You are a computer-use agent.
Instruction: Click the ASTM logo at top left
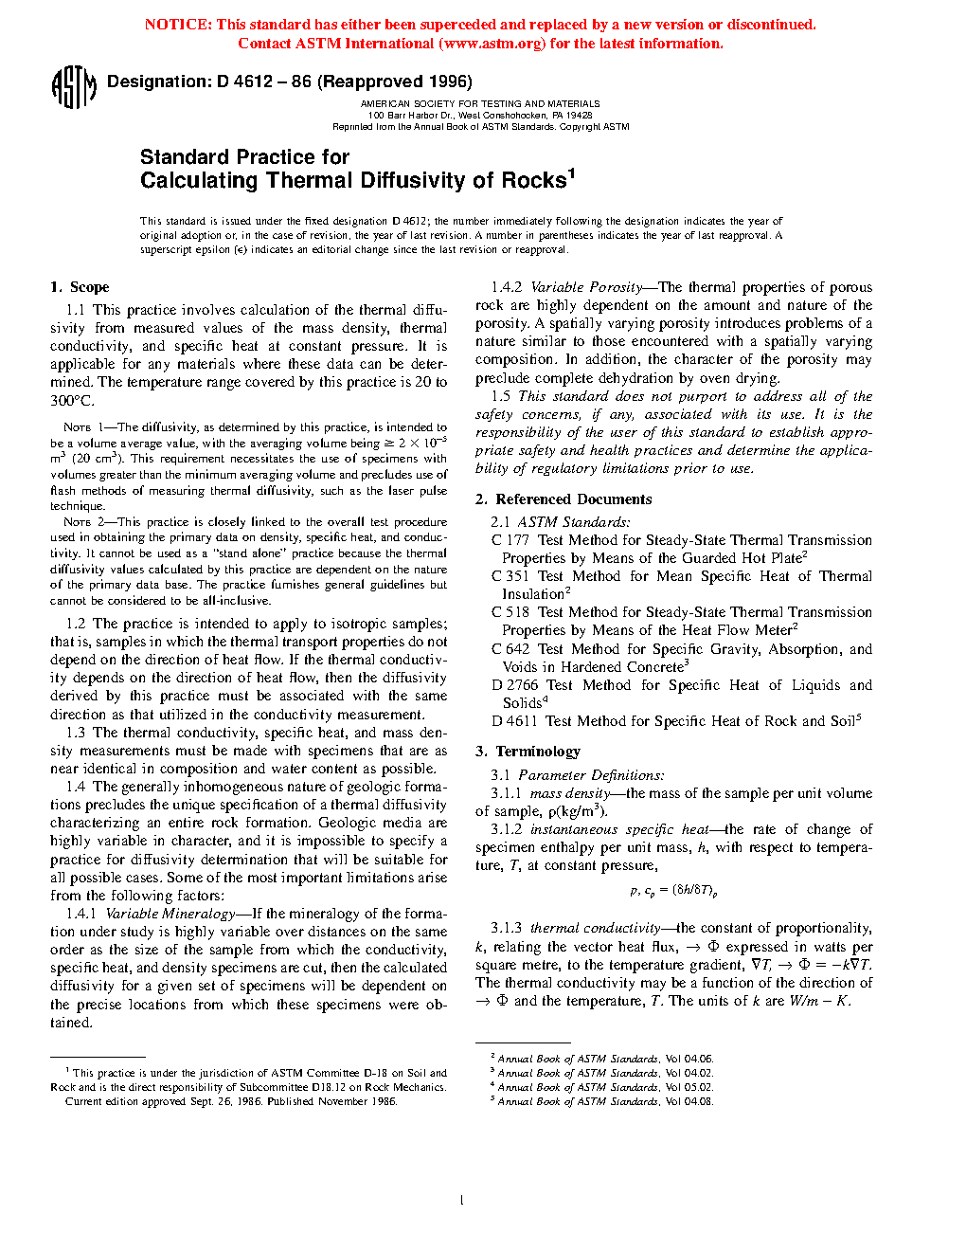(x=73, y=87)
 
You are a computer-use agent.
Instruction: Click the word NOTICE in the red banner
(x=178, y=25)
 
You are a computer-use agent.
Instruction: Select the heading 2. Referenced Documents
(x=563, y=499)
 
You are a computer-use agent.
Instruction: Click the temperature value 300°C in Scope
(x=72, y=400)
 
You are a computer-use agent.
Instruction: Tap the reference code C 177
(x=510, y=540)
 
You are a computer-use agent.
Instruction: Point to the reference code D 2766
(x=515, y=685)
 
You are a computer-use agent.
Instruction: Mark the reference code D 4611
(x=514, y=721)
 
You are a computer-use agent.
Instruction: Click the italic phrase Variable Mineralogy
(x=170, y=914)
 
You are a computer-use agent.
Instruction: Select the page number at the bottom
(x=461, y=1201)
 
